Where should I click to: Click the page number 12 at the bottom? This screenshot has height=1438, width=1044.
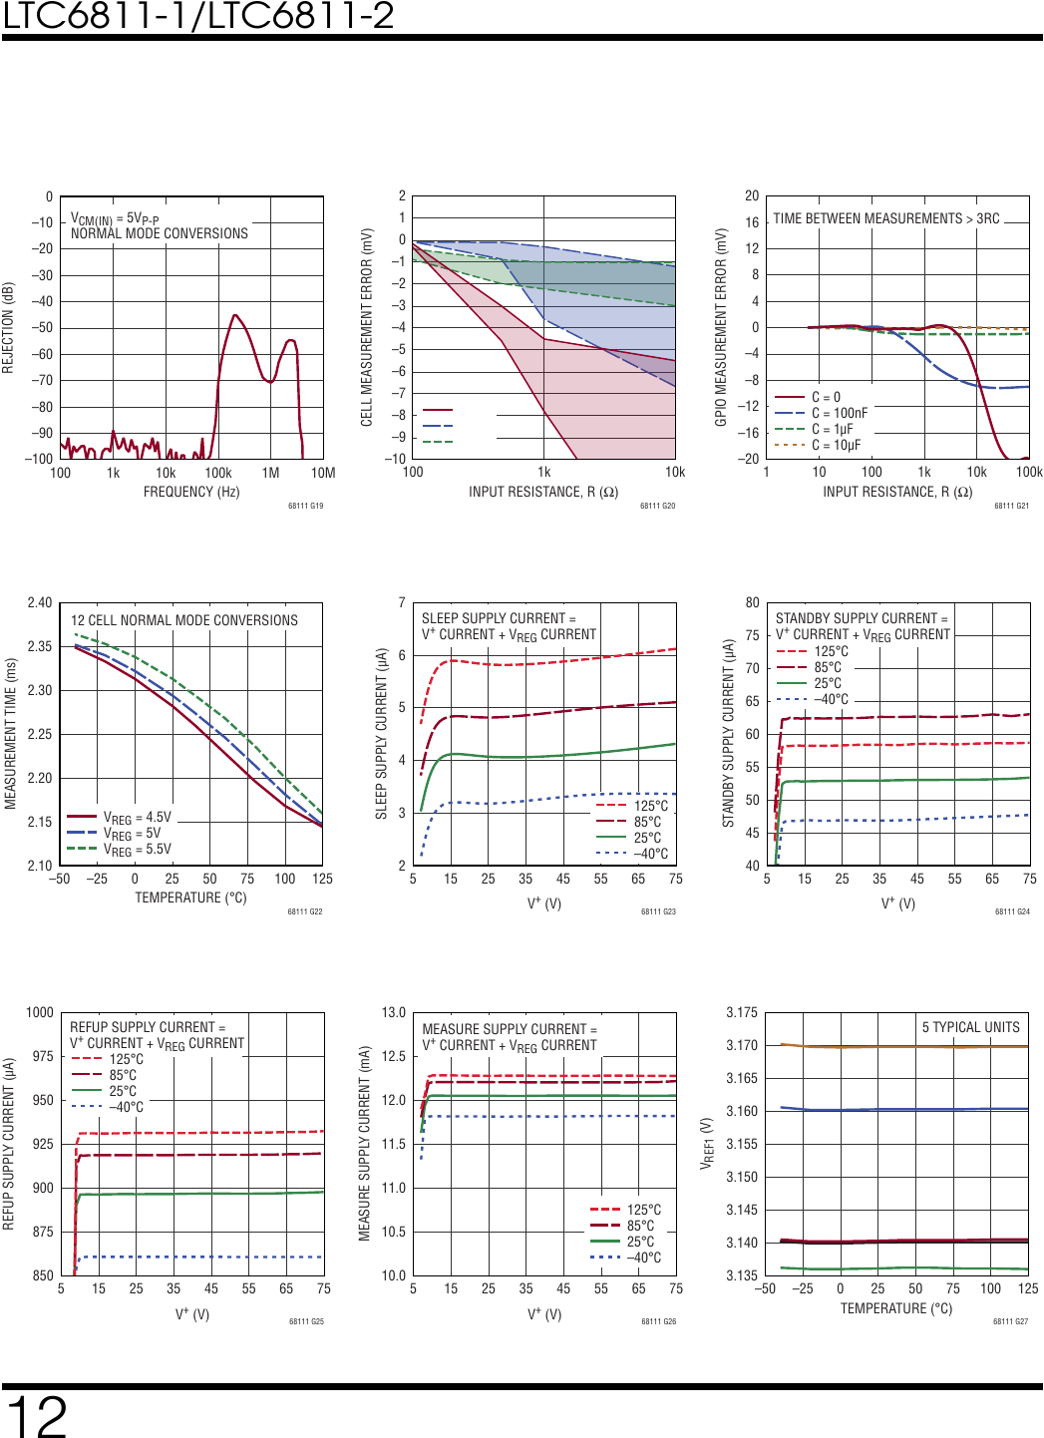(x=37, y=1416)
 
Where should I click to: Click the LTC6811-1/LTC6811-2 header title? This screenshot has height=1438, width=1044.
(x=198, y=16)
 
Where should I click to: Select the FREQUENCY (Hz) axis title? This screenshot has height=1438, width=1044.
(x=191, y=492)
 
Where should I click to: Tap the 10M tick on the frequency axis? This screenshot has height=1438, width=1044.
(x=323, y=473)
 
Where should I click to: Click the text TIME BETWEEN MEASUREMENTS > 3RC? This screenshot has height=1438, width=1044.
(x=885, y=218)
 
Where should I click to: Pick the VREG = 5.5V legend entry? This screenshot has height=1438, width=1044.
(x=137, y=850)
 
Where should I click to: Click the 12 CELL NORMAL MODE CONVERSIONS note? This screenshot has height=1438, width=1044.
(x=184, y=620)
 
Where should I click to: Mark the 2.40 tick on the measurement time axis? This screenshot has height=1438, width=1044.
(x=40, y=602)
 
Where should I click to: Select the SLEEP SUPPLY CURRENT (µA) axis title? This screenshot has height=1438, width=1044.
(x=381, y=733)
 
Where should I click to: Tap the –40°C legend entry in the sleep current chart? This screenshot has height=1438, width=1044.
(x=650, y=854)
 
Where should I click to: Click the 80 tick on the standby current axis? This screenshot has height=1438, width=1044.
(x=752, y=602)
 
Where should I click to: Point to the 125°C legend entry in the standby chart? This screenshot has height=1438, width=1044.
(x=831, y=651)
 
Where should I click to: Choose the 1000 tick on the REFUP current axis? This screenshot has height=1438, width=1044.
(x=40, y=1012)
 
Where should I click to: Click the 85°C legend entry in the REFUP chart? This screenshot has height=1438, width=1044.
(x=123, y=1075)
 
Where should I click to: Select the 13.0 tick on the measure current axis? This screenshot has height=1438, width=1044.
(x=394, y=1012)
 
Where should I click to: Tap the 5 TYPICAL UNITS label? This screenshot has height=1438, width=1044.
(x=970, y=1027)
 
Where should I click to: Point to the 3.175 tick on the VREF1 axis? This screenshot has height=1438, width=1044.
(x=741, y=1012)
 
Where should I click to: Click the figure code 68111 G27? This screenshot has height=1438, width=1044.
(x=1010, y=1321)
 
